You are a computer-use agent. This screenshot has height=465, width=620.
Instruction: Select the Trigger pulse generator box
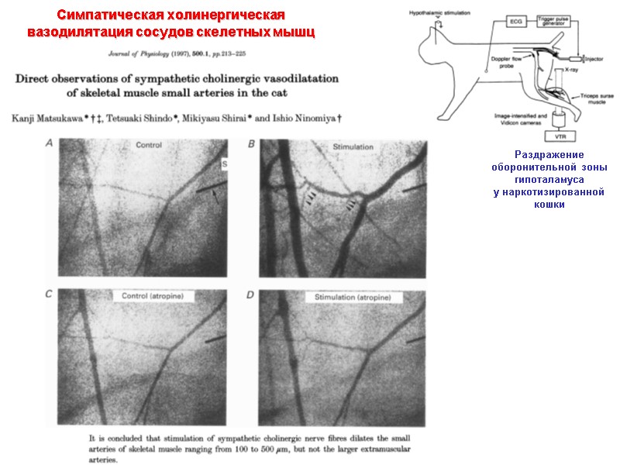(556, 22)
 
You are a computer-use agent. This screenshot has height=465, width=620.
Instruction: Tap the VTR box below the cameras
(553, 136)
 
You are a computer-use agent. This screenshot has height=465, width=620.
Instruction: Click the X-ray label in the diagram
(571, 71)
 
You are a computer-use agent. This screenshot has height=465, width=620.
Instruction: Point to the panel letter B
(250, 145)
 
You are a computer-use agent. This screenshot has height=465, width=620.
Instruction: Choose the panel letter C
(49, 295)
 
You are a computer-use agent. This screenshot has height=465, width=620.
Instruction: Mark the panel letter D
(250, 295)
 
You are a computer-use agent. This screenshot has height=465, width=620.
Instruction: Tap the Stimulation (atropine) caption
(351, 298)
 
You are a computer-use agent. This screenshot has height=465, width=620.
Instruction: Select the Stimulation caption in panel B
(353, 147)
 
